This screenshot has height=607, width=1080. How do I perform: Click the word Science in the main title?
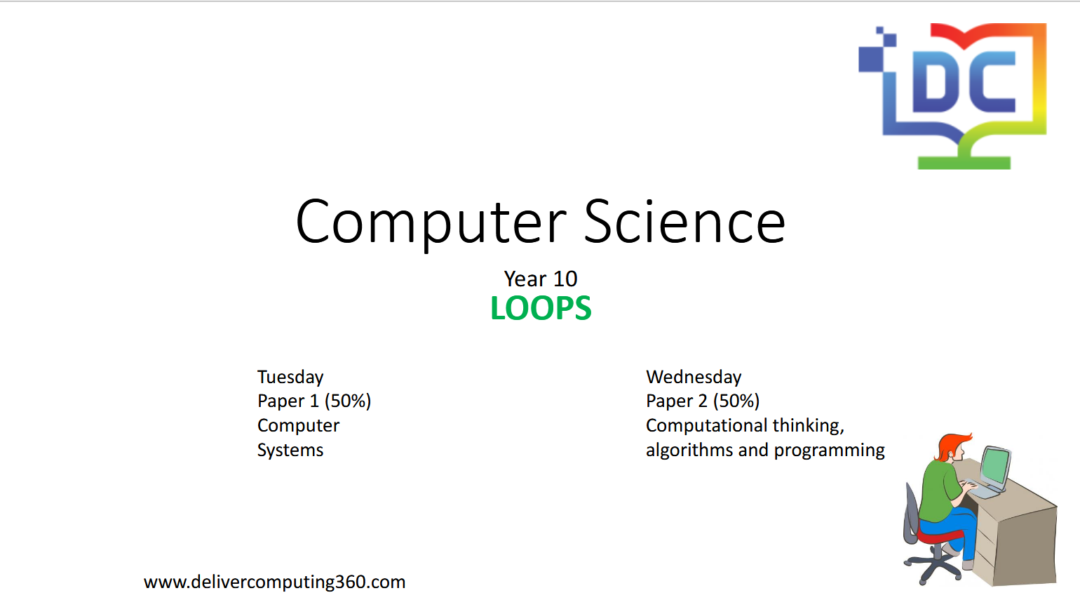pyautogui.click(x=684, y=221)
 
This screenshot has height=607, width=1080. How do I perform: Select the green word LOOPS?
pyautogui.click(x=541, y=308)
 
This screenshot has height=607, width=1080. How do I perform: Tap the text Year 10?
pyautogui.click(x=541, y=279)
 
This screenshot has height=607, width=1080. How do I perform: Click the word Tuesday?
pyautogui.click(x=290, y=378)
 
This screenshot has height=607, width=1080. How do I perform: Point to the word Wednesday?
pyautogui.click(x=694, y=378)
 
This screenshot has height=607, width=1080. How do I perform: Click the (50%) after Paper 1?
pyautogui.click(x=348, y=401)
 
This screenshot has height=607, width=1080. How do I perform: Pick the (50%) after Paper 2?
pyautogui.click(x=736, y=401)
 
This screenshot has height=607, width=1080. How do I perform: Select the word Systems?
pyautogui.click(x=290, y=451)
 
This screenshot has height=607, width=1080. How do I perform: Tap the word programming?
pyautogui.click(x=829, y=451)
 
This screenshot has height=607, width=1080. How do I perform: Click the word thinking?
pyautogui.click(x=809, y=426)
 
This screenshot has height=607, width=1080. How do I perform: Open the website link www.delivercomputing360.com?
pyautogui.click(x=274, y=582)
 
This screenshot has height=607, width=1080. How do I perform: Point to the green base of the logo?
pyautogui.click(x=964, y=163)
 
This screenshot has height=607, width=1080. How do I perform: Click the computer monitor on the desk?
pyautogui.click(x=995, y=467)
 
